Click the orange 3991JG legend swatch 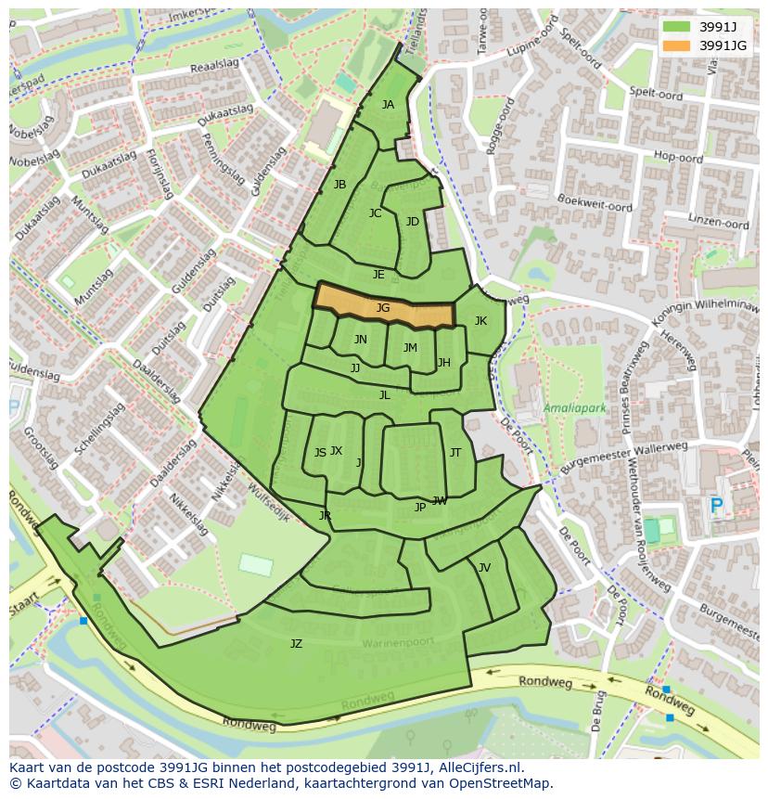click(676, 45)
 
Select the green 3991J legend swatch click(676, 26)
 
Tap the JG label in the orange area click(383, 308)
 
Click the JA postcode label click(388, 105)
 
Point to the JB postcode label click(339, 185)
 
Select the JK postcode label click(480, 321)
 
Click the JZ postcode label click(296, 643)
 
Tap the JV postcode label click(484, 568)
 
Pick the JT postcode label click(455, 453)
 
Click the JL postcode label click(384, 394)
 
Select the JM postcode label click(410, 348)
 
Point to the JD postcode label click(412, 222)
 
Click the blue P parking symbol click(716, 507)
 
